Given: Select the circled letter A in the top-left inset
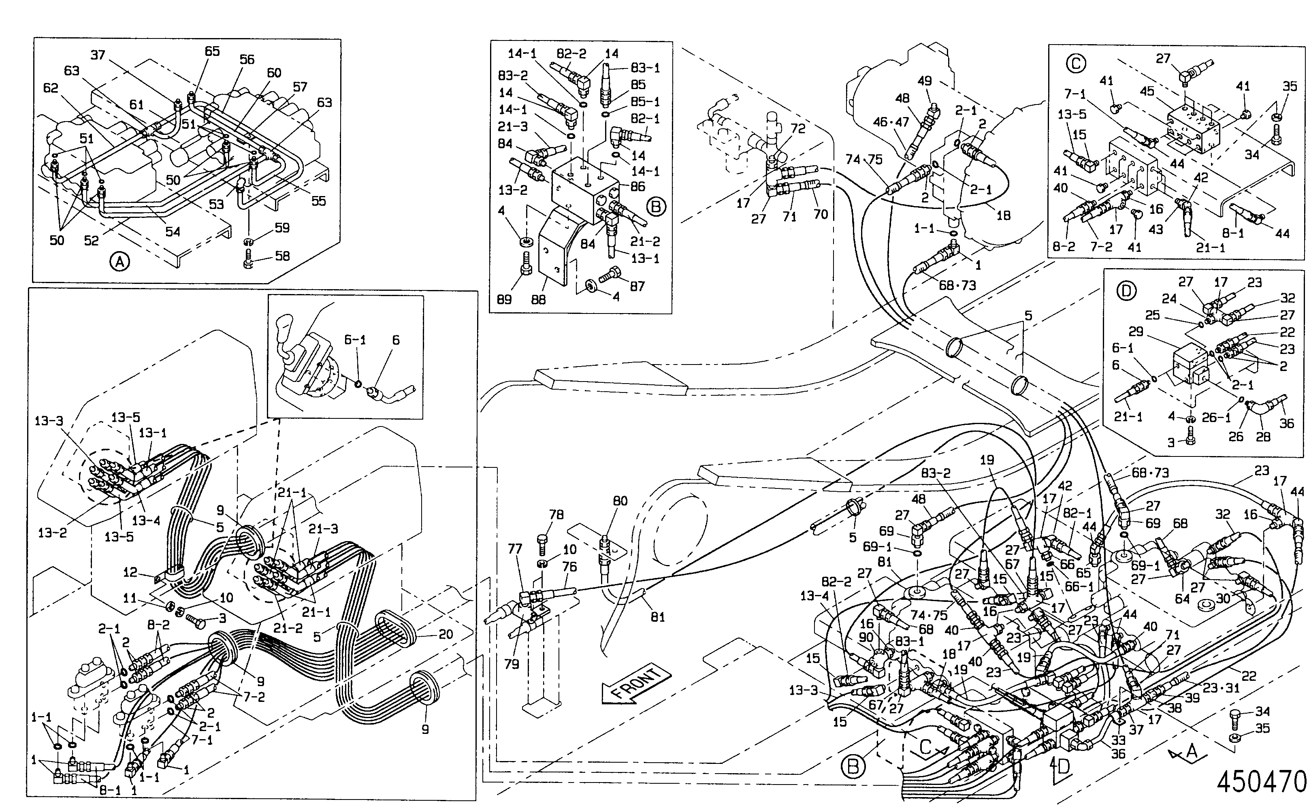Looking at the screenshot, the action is point(119,261).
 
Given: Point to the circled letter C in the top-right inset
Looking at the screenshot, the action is point(1076,64).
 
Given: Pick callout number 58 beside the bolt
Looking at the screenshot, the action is point(282,256).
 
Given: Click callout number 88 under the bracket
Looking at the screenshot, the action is point(538,300).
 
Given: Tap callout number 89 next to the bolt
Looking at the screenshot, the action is point(504,300).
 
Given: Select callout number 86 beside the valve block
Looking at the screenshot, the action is point(638,187).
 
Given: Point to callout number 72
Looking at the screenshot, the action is point(798,128).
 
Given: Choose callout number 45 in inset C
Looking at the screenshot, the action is point(1147,91).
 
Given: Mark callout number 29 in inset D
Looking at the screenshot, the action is point(1136,332).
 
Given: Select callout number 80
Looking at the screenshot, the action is point(620,501).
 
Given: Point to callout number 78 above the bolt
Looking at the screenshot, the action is point(556,515).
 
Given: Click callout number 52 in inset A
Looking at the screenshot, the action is point(91,241).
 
